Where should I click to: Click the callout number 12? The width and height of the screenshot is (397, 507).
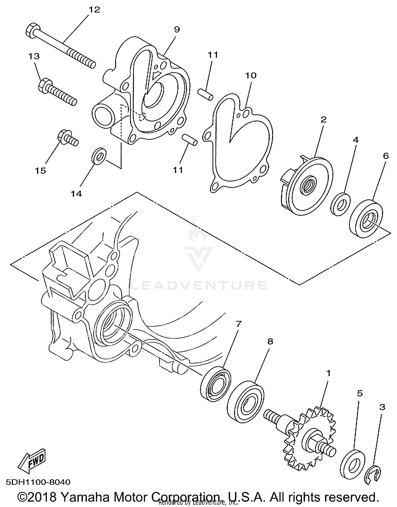point(94,10)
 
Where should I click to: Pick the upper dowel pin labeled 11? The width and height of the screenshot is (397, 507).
point(206,95)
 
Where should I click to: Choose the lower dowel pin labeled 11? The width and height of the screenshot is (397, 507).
point(190,139)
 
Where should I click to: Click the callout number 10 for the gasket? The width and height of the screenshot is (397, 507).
point(251,75)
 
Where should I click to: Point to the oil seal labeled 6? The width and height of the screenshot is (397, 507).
point(366,218)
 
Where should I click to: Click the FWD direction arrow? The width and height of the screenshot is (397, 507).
point(32,460)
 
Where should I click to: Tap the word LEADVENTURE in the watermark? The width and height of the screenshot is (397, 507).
point(198,285)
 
